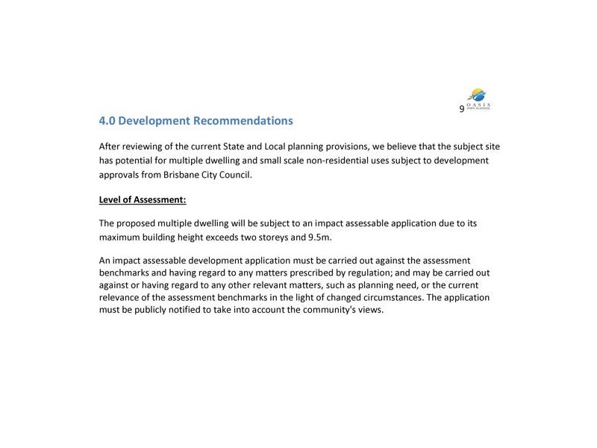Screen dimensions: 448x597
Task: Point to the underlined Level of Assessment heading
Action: click(143, 199)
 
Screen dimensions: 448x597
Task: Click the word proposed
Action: click(141, 223)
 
